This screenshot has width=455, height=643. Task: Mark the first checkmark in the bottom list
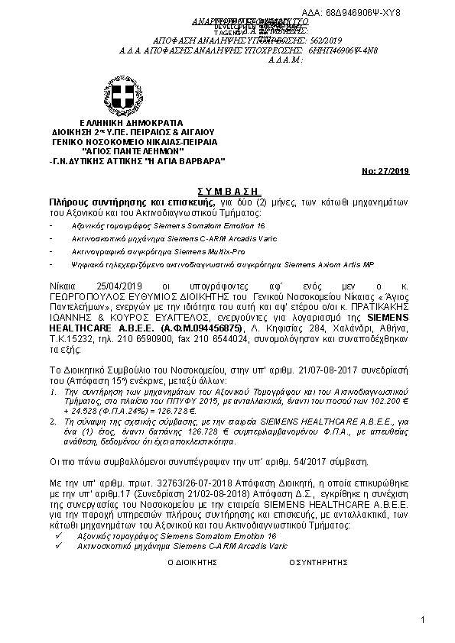(51, 538)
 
